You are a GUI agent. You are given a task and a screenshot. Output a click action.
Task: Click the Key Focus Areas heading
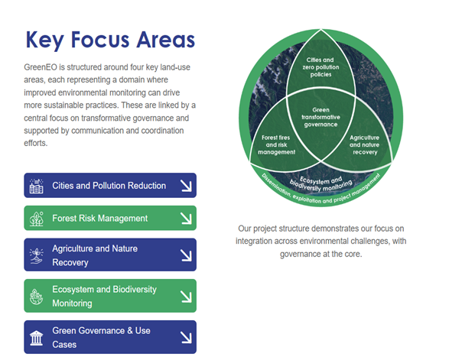click(110, 40)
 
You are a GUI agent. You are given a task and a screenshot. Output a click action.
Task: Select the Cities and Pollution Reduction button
click(109, 186)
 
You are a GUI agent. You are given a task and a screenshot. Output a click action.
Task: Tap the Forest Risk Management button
click(109, 219)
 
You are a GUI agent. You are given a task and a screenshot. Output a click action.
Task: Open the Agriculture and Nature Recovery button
click(109, 255)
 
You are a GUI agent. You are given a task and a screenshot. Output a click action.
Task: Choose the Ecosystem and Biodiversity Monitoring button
click(109, 296)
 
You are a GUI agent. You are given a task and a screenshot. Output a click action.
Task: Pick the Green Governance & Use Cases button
click(109, 337)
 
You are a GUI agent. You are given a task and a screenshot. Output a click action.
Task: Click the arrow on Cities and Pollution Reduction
click(185, 186)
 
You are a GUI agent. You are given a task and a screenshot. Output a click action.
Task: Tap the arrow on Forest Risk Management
click(185, 219)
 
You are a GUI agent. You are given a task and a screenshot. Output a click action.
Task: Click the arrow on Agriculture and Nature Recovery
click(185, 255)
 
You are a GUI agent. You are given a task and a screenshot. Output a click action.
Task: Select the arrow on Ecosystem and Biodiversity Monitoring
click(185, 296)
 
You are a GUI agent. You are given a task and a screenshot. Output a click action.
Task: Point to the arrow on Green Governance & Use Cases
click(185, 337)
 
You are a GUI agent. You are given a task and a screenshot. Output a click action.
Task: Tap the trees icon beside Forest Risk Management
click(36, 219)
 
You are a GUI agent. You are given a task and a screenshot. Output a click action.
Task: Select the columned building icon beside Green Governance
click(36, 338)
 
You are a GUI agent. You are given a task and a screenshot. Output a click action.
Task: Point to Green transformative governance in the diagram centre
click(320, 117)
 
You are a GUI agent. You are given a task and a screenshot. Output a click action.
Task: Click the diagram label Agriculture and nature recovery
click(363, 144)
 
